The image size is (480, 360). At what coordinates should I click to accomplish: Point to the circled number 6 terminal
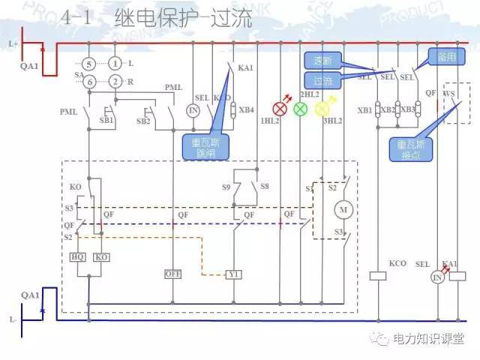(88, 81)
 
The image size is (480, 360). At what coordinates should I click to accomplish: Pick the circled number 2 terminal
(115, 81)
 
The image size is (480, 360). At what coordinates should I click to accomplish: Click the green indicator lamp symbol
(300, 109)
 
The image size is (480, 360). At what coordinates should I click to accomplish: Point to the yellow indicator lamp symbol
(322, 109)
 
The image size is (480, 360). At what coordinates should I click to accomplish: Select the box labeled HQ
(77, 256)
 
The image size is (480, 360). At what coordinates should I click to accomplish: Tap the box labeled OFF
(173, 274)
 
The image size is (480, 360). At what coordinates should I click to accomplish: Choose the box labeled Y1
(234, 274)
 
